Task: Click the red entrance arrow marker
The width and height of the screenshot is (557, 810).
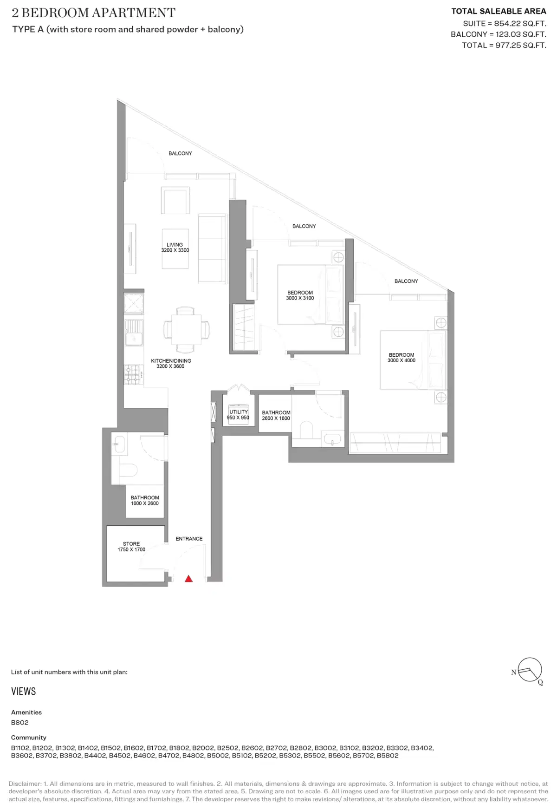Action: tap(188, 579)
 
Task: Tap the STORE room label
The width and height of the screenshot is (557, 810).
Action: tap(131, 546)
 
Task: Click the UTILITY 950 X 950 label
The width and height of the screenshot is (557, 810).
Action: tap(238, 414)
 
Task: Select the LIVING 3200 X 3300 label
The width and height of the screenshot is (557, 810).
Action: tap(175, 247)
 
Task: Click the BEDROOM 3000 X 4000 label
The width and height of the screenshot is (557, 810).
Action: tap(402, 357)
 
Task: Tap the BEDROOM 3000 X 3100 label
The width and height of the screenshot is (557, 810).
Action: tap(300, 295)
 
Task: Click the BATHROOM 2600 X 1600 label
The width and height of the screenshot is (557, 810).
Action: tap(276, 415)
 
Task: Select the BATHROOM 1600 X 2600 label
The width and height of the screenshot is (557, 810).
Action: tap(145, 500)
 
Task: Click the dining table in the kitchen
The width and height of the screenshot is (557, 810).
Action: tap(186, 329)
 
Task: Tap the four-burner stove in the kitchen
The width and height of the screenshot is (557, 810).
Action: tap(133, 375)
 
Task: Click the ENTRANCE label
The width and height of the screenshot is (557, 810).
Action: tap(189, 539)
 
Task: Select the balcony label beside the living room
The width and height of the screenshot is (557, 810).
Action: tap(180, 153)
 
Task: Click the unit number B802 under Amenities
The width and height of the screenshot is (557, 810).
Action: tap(20, 722)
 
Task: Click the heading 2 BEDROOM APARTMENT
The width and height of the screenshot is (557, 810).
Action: tap(94, 13)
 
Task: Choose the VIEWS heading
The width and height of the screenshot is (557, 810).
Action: tap(24, 691)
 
